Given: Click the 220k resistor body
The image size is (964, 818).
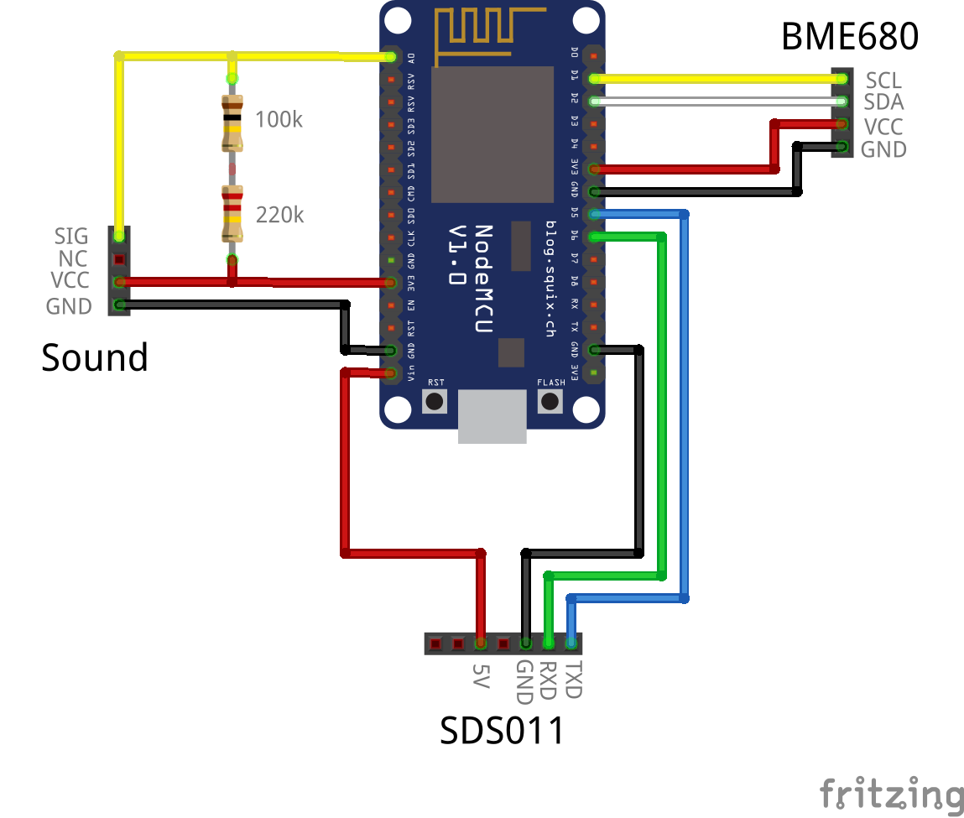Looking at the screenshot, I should pos(232,213).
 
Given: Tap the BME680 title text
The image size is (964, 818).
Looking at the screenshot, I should pos(849,37).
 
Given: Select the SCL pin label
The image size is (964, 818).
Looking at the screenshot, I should pos(883,81).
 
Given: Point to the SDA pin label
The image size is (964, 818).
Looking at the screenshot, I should pos(883,103).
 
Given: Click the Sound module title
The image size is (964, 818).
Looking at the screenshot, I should pos(95,358).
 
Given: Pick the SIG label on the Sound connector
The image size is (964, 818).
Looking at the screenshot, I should pos(71,237).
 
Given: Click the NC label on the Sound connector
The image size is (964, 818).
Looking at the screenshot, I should pos(73,259).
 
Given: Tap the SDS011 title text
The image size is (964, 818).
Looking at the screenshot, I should pos(503,732).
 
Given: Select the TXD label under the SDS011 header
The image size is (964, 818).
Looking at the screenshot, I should pos(573,680).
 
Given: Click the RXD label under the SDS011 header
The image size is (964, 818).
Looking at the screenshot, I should pos(549,680).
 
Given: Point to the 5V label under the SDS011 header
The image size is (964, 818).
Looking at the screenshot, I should pos(480,676).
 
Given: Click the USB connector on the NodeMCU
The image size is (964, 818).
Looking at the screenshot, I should pos(492,418).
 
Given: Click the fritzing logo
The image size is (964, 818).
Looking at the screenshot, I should pos(891,794).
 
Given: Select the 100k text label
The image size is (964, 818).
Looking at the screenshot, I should pos(279,120).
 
